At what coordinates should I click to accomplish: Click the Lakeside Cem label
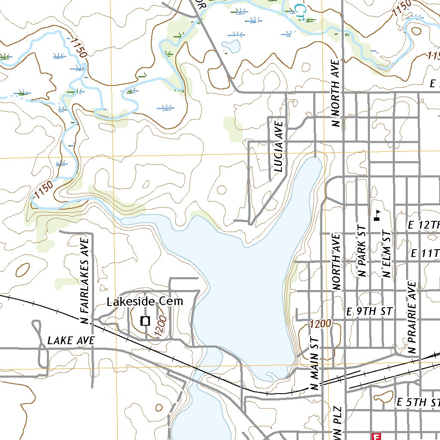145,302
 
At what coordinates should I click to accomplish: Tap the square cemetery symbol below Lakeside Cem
145,321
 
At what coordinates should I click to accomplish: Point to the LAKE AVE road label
71,341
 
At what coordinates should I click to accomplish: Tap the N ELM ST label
386,254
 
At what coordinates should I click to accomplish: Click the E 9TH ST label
370,312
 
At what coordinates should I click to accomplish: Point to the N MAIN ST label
316,363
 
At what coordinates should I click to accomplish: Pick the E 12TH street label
423,225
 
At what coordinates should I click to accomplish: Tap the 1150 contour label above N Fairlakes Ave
44,189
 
